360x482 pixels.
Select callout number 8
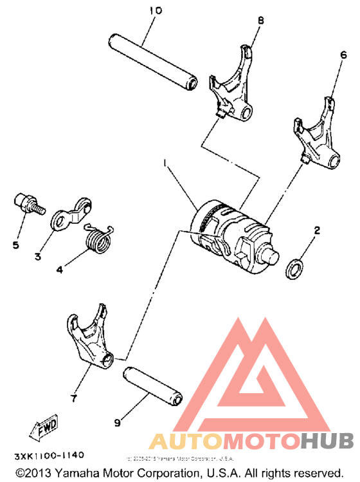(x=260, y=21)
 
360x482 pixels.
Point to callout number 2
(x=317, y=229)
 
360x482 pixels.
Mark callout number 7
(x=73, y=399)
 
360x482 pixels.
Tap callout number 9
(x=117, y=423)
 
